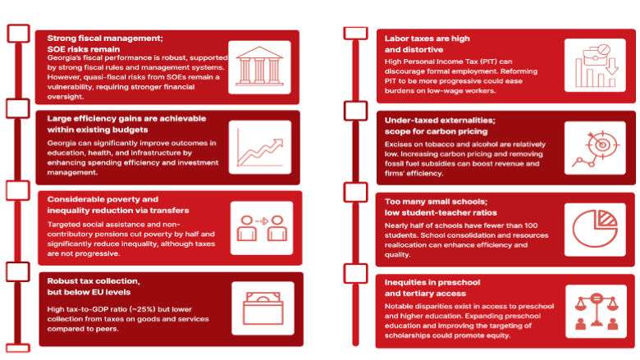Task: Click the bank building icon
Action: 259,66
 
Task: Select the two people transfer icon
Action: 262,228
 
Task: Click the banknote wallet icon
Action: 263,308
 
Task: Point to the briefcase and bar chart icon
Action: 597,66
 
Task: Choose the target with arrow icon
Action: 596,148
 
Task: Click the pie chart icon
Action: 595,229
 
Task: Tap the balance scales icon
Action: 597,311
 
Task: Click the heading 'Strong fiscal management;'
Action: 105,39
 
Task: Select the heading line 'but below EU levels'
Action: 89,292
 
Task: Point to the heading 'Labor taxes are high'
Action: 427,39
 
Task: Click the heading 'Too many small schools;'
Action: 436,202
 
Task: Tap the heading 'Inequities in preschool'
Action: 432,282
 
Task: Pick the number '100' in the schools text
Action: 531,226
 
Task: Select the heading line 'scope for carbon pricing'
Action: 436,131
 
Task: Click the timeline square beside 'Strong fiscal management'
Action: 18,34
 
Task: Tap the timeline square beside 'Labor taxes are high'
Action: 355,33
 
